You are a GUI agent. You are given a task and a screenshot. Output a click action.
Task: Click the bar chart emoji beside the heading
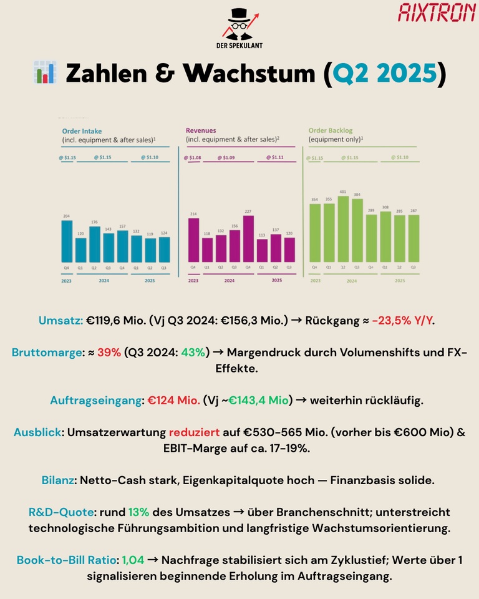click(x=43, y=73)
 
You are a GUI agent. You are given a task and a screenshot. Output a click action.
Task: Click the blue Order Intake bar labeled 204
click(x=67, y=241)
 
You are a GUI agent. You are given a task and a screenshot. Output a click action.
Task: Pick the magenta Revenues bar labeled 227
click(x=249, y=238)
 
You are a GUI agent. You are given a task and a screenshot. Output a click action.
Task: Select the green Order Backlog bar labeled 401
click(x=343, y=229)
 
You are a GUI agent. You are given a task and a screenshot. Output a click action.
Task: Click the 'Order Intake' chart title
click(x=82, y=131)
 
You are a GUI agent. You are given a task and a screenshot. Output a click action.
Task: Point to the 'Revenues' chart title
click(x=201, y=131)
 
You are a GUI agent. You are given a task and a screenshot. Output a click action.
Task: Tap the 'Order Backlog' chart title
click(x=331, y=131)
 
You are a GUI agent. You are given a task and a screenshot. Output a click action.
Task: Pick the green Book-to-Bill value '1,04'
click(x=133, y=560)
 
